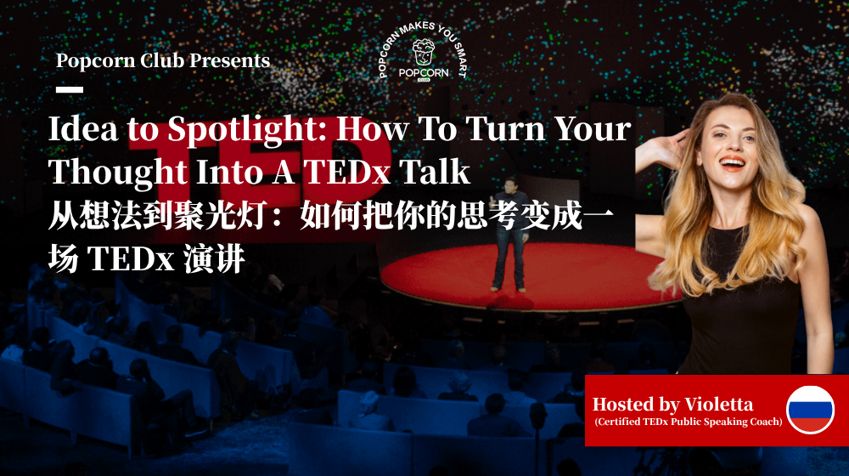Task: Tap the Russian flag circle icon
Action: click(810, 410)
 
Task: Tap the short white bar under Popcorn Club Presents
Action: click(70, 88)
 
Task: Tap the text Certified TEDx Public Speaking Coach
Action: click(688, 422)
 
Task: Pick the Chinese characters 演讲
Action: click(215, 259)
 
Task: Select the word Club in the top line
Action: click(159, 61)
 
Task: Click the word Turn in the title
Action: click(493, 129)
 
